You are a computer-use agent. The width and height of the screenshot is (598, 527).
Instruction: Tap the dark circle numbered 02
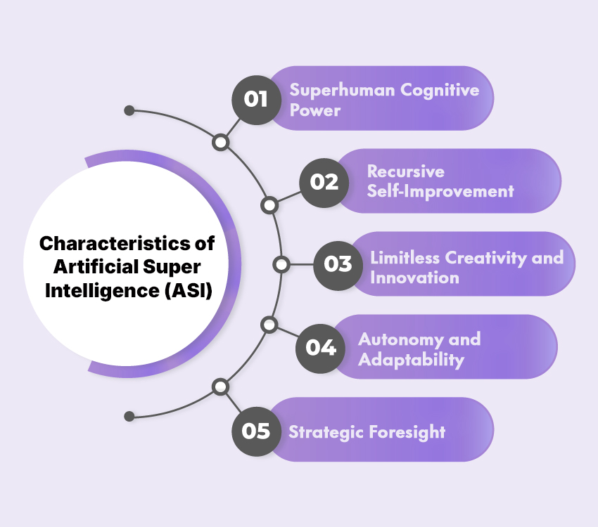point(324,182)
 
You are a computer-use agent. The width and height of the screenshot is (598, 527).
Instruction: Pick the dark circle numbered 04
point(321,347)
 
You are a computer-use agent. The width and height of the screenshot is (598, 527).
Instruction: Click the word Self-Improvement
point(440,191)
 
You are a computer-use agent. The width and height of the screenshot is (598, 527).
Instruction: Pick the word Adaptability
point(411,360)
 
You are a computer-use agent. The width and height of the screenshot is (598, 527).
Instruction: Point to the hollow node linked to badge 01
point(221,143)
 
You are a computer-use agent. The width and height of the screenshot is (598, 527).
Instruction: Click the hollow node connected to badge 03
point(281,265)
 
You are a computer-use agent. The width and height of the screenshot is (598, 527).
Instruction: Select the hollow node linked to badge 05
point(221,386)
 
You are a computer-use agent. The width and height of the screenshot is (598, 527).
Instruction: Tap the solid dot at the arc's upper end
point(129,111)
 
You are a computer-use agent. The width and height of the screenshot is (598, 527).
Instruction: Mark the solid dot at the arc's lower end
point(129,417)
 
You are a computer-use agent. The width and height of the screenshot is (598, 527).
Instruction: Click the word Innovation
point(414,278)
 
